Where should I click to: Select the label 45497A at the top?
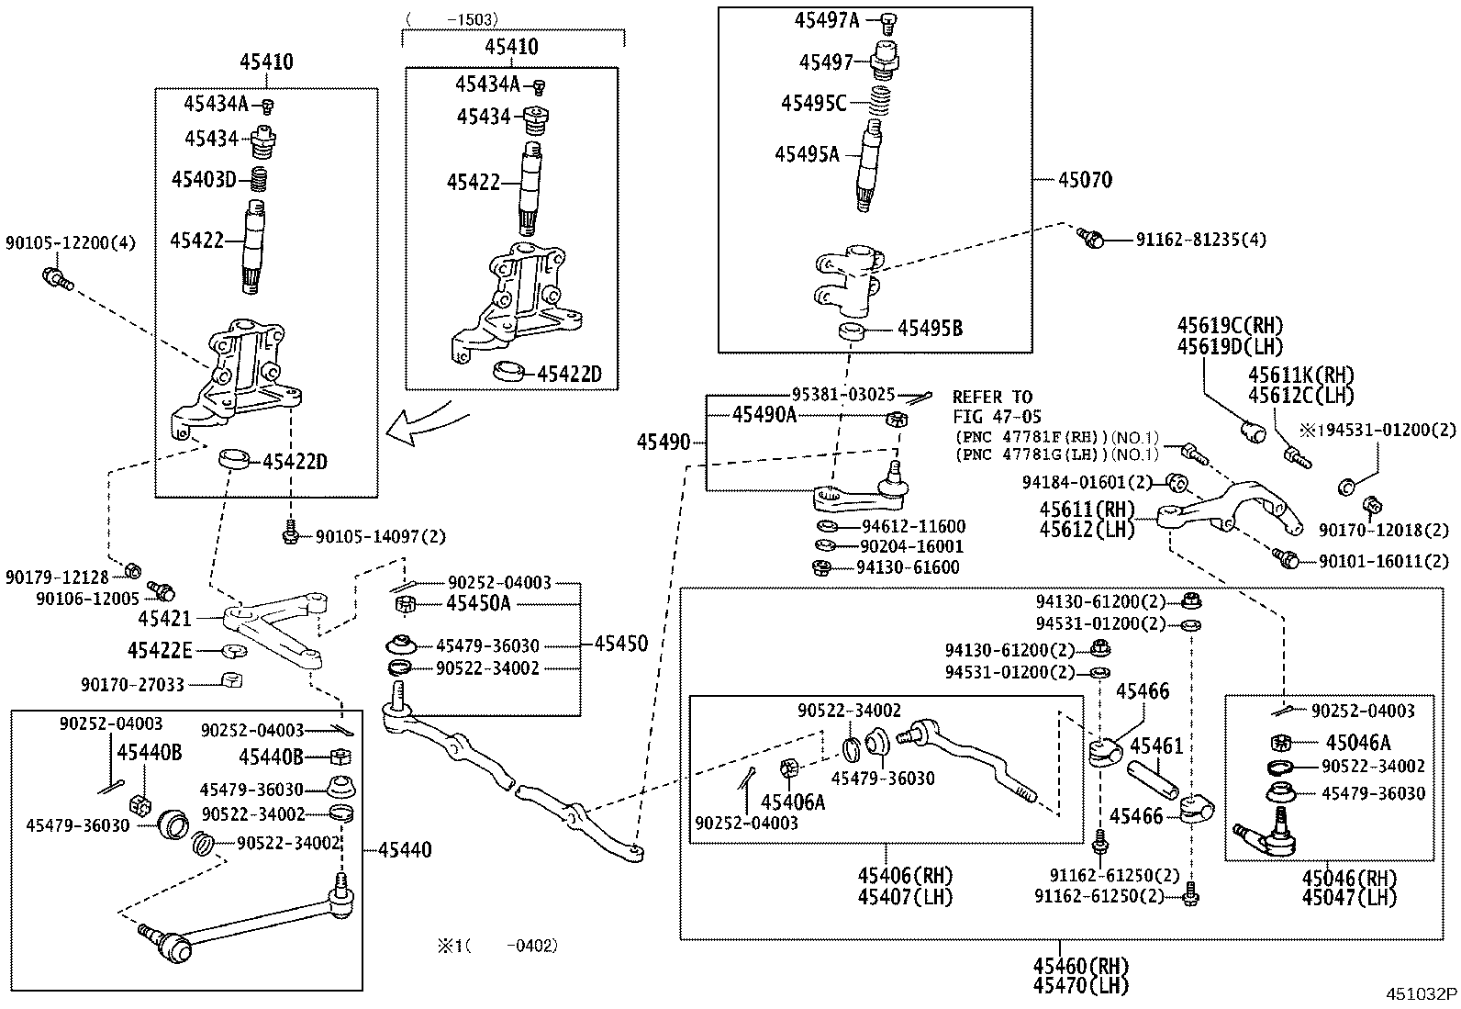tap(827, 20)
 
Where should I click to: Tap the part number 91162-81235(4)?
tap(1200, 240)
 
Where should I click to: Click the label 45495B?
tap(930, 329)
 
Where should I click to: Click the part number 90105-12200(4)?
tap(71, 243)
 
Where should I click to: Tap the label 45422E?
tap(160, 651)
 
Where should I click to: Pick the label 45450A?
tap(478, 603)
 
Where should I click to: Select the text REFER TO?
tap(991, 398)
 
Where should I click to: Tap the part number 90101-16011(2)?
tap(1385, 560)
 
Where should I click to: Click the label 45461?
tap(1156, 746)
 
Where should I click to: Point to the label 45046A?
tap(1357, 743)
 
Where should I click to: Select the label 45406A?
tap(793, 802)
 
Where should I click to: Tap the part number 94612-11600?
tap(913, 527)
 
